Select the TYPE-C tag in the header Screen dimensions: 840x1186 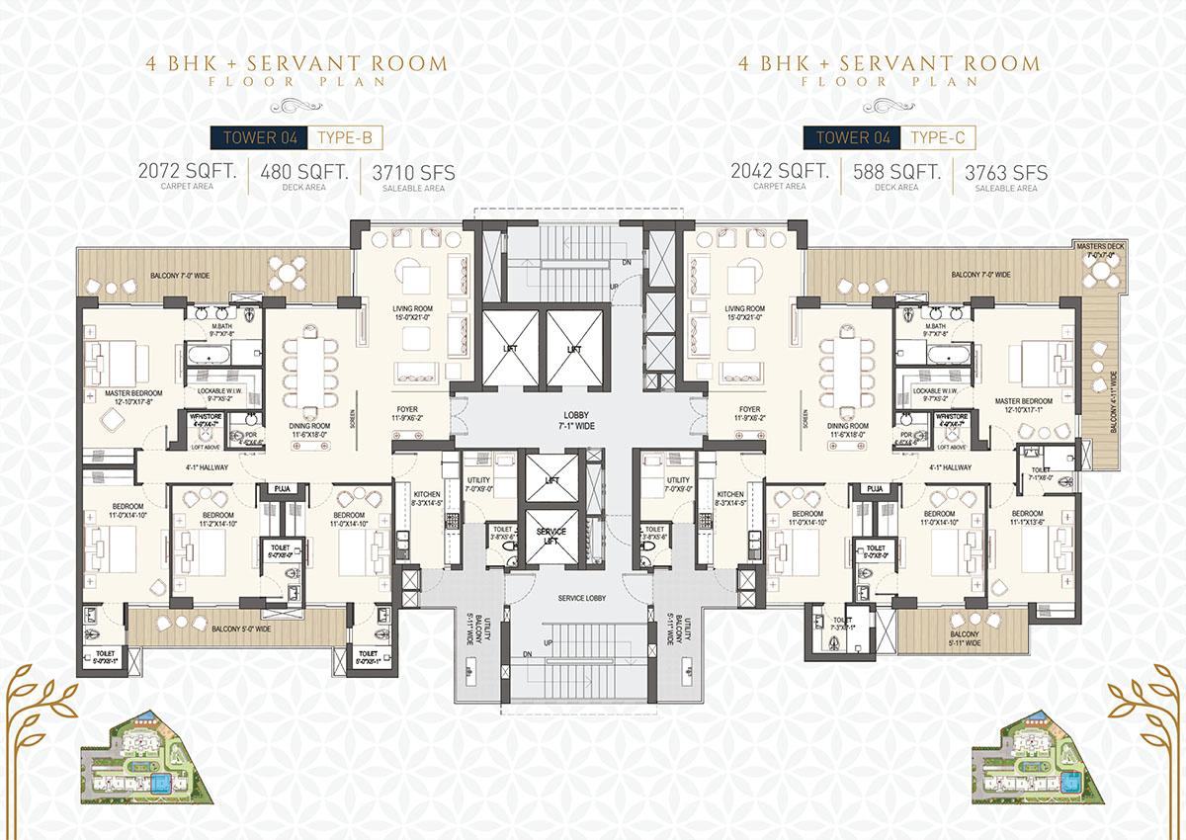pyautogui.click(x=937, y=136)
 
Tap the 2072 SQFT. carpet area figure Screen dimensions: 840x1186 pyautogui.click(x=189, y=175)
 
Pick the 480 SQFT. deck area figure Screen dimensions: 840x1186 pyautogui.click(x=304, y=175)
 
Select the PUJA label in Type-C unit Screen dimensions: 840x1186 pyautogui.click(x=874, y=489)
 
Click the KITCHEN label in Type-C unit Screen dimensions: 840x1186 pyautogui.click(x=730, y=498)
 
